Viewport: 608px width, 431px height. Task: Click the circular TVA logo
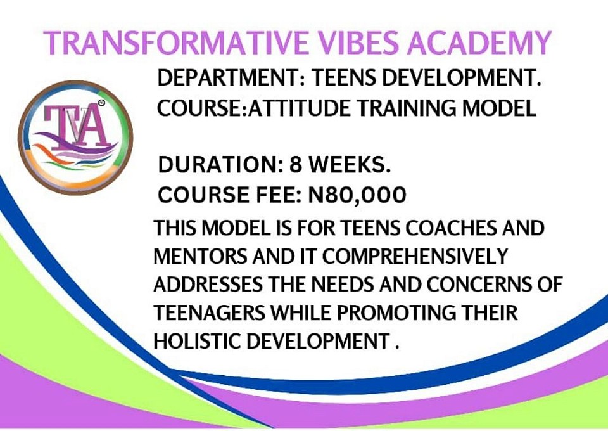pyautogui.click(x=75, y=138)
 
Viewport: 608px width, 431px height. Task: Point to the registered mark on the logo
pyautogui.click(x=101, y=103)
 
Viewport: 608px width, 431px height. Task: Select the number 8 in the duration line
pyautogui.click(x=296, y=165)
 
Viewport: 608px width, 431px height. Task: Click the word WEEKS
pyautogui.click(x=349, y=165)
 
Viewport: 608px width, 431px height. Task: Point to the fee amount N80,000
pyautogui.click(x=357, y=195)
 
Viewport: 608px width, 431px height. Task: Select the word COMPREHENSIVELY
pyautogui.click(x=415, y=257)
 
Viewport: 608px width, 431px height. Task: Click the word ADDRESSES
pyautogui.click(x=208, y=285)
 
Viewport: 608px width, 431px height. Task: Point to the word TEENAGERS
pyautogui.click(x=210, y=313)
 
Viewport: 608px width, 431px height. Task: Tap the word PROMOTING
pyautogui.click(x=396, y=313)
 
